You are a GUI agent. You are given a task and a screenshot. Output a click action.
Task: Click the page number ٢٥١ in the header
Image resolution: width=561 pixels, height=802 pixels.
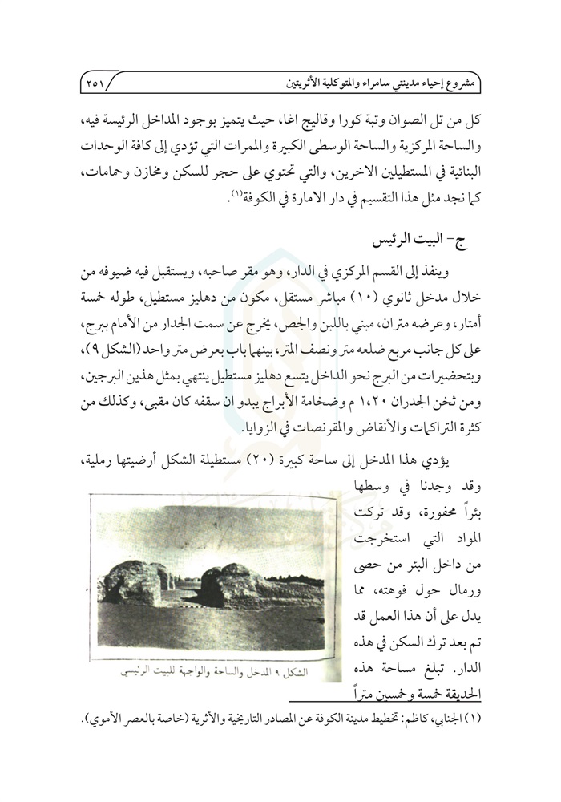coord(100,81)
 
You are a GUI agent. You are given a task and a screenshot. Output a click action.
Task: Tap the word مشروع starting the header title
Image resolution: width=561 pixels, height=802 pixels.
coord(454,82)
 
